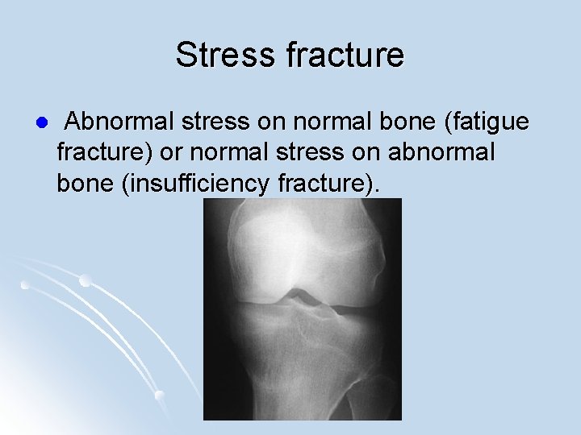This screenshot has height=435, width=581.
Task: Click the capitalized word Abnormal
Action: (117, 122)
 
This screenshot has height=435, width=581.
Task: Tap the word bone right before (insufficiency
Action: (85, 183)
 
